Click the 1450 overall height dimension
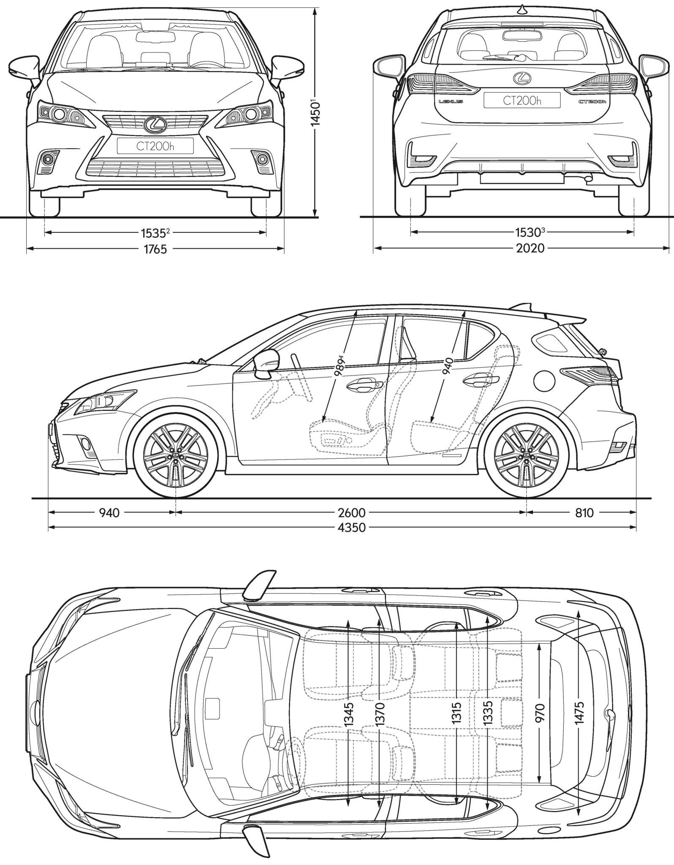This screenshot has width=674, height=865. coord(315,112)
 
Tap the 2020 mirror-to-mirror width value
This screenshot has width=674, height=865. coord(530,248)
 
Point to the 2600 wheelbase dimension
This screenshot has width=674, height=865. coord(351,513)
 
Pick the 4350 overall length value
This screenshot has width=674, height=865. coord(351,528)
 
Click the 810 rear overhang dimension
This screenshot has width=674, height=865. coord(584,513)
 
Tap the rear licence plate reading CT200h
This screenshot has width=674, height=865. coord(522,101)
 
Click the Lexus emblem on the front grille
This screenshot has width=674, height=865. coord(154,123)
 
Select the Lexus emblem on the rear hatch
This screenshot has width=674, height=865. coord(522,77)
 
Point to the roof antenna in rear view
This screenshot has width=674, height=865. coord(522,9)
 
